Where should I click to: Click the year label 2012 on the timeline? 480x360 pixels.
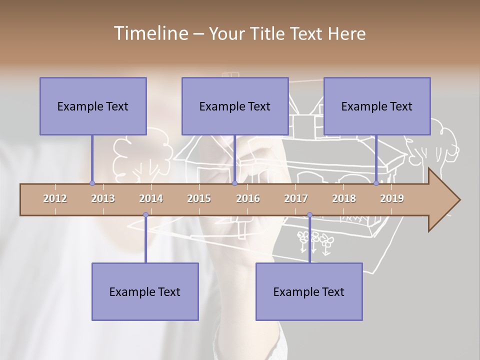click(x=55, y=198)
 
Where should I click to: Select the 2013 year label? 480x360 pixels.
click(x=103, y=198)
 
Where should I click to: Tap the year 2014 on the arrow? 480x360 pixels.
click(x=151, y=198)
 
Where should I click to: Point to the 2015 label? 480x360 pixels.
click(x=199, y=198)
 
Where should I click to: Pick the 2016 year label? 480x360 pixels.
click(x=248, y=198)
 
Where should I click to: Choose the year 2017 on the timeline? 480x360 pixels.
click(x=296, y=198)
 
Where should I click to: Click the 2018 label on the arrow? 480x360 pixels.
click(x=344, y=198)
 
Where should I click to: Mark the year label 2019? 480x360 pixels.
click(x=392, y=198)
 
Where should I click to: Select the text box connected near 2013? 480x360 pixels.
click(x=93, y=106)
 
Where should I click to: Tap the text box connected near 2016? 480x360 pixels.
click(x=235, y=106)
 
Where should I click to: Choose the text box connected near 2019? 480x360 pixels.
click(x=377, y=106)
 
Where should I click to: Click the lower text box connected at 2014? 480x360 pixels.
click(x=145, y=291)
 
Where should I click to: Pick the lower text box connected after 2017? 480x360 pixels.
click(x=309, y=291)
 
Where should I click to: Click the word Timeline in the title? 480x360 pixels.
click(x=150, y=33)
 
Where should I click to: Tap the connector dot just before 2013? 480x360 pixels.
click(x=92, y=183)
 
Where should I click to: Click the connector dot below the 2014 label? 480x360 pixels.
click(x=145, y=215)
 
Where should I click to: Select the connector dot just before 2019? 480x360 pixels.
click(x=376, y=183)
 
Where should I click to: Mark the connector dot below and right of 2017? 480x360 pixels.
click(x=309, y=215)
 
